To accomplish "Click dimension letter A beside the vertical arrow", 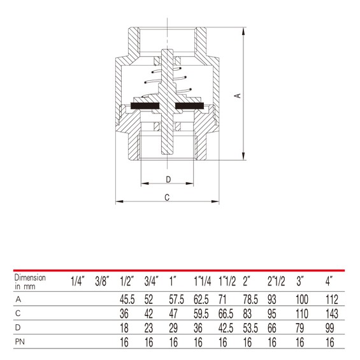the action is (238, 96).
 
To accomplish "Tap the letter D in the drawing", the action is (168, 179).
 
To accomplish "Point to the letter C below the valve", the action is (167, 198).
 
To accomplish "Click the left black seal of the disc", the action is (145, 106).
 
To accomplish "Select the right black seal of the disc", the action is (189, 106).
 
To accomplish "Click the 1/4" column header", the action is (77, 281).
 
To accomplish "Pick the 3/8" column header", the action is (102, 281).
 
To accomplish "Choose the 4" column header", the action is (329, 281).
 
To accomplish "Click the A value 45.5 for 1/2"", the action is (127, 299).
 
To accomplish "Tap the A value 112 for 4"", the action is (332, 299).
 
